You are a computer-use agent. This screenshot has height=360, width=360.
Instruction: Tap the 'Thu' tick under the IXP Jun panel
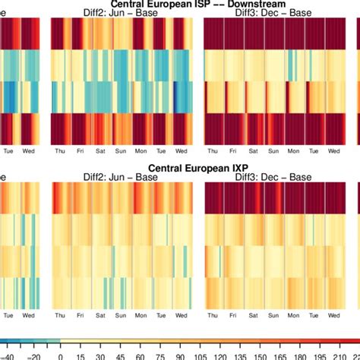click(x=60, y=315)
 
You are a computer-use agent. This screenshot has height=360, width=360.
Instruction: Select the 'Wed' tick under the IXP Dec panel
click(x=333, y=315)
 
